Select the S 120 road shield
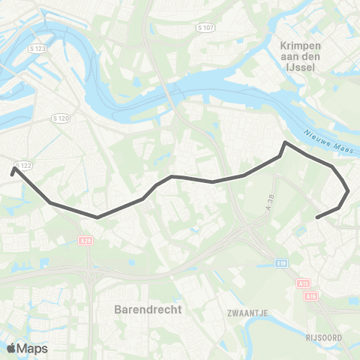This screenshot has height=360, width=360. click(x=61, y=118)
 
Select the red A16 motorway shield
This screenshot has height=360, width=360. click(x=310, y=296)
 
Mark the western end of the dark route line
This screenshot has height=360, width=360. click(x=13, y=169)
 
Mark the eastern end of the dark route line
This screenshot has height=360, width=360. click(x=318, y=218)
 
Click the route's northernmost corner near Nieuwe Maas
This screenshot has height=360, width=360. click(x=284, y=142)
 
